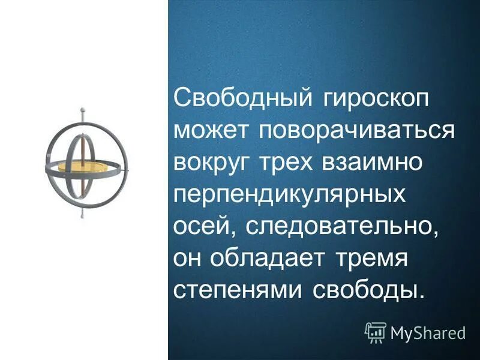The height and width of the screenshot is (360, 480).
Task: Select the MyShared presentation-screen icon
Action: [376, 332]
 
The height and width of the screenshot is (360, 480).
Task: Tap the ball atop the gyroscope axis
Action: [82, 110]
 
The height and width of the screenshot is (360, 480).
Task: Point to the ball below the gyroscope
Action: [82, 213]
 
